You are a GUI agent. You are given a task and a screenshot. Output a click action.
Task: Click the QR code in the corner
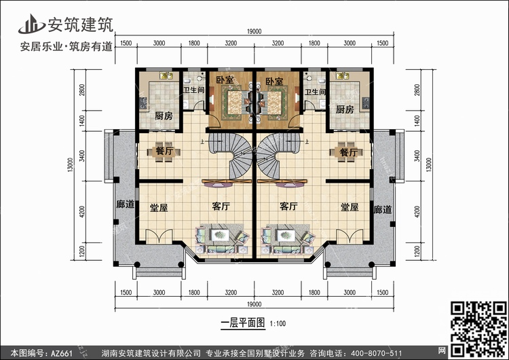tap(478, 329)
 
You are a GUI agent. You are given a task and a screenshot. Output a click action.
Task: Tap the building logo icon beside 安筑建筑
tap(31, 24)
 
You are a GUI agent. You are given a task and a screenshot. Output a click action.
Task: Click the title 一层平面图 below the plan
tap(243, 323)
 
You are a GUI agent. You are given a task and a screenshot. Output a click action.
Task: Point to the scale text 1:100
tap(278, 323)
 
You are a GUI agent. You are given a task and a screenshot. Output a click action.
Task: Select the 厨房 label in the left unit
tap(164, 115)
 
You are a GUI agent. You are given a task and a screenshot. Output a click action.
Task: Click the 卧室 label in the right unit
tap(274, 82)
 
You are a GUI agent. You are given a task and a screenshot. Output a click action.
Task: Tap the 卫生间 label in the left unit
tap(194, 90)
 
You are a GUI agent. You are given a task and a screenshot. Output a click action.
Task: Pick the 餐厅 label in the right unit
tap(349, 151)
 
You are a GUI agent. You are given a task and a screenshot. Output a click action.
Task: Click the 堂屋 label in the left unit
tap(159, 208)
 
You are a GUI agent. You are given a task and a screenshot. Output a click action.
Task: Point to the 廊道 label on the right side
tap(382, 210)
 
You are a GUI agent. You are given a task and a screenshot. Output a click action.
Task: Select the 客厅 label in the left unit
tap(221, 206)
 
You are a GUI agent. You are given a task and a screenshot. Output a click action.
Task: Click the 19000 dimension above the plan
tap(254, 31)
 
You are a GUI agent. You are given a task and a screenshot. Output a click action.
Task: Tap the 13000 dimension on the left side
tap(71, 165)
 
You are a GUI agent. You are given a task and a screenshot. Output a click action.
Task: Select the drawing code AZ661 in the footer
tap(61, 353)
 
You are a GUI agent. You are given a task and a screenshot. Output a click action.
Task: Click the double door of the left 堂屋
tap(159, 236)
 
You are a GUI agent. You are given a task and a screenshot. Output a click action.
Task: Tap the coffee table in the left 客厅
tap(221, 234)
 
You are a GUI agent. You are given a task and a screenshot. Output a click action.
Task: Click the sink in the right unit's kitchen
tap(343, 76)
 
